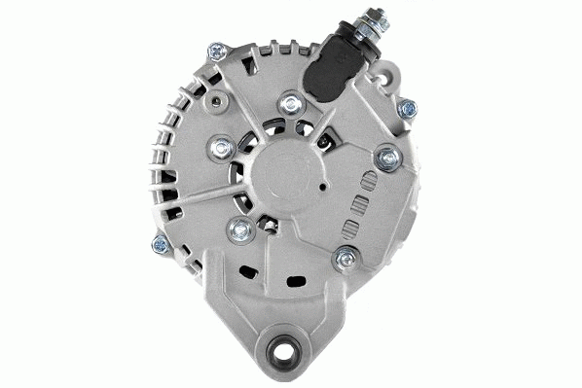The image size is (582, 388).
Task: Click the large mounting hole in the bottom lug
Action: click(290, 346)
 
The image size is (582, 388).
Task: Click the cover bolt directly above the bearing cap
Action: click(289, 102)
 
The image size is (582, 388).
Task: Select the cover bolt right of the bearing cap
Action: click(388, 156)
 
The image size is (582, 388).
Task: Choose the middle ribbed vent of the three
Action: click(358, 204)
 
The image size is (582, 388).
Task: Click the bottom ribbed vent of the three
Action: click(350, 228)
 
